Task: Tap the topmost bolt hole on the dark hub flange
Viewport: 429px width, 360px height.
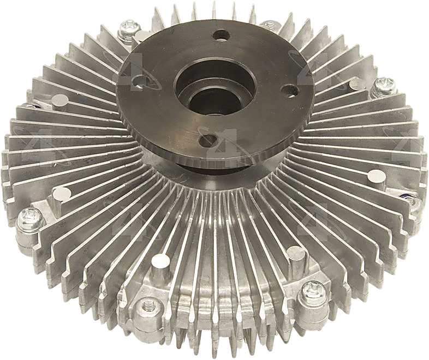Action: pos(222,35)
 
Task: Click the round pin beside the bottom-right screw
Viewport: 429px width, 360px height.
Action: pos(295,253)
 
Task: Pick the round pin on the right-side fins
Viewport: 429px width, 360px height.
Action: pos(376,176)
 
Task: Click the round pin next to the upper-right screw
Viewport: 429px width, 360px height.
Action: pos(357,83)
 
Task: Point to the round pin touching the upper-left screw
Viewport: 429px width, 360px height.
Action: pos(142,36)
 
